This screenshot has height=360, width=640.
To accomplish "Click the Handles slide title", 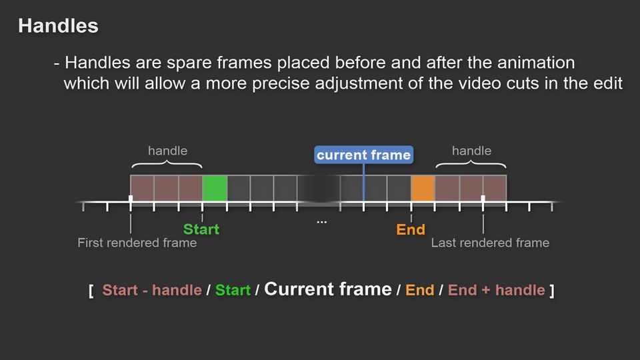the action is tap(58, 26).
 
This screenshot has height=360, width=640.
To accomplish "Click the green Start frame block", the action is tap(215, 188).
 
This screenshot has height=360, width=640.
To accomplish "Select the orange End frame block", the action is tap(423, 188).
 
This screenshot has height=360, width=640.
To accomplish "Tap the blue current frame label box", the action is tap(364, 155).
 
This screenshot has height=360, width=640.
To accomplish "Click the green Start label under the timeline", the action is tap(201, 229).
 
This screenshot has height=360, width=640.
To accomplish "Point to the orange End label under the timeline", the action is tap(411, 230).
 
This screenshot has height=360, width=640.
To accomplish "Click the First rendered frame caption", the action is tap(137, 243).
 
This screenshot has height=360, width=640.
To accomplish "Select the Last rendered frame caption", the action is tap(490, 243).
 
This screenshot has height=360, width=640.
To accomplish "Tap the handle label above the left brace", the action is tap(168, 151).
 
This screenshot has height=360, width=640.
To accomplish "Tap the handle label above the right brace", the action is tap(471, 151).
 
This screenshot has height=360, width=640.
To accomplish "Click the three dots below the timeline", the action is tap(321, 222).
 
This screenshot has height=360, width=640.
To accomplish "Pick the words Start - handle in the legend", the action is tap(152, 290).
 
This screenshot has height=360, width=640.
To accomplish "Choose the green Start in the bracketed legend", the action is tap(233, 290).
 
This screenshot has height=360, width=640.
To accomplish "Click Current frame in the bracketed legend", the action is tap(328, 289).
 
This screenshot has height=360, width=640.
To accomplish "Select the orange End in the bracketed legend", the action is tap(419, 290).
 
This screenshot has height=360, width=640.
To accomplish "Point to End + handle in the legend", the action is tap(496, 290).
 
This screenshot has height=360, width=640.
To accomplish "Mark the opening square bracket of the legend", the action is tap(91, 291).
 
